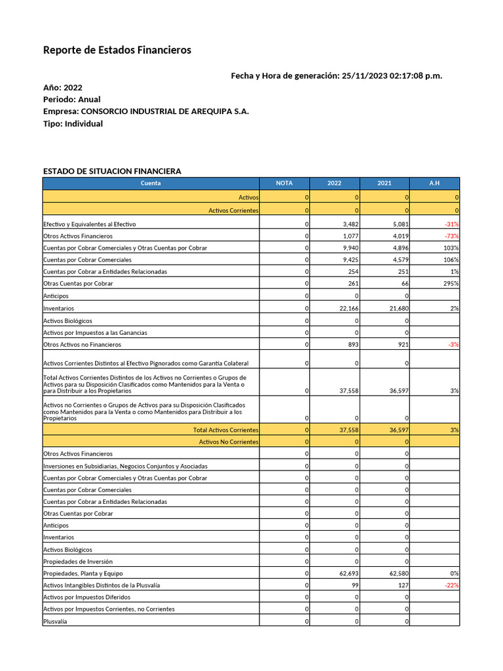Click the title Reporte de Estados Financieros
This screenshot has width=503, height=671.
point(117,50)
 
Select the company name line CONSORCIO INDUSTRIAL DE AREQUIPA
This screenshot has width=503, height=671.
point(145,111)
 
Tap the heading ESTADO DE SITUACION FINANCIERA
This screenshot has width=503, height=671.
point(112,171)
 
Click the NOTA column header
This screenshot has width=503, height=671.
point(284,183)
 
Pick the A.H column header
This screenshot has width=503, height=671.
point(434,183)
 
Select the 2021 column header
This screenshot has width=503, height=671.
point(384,183)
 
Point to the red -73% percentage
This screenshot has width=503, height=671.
point(451,236)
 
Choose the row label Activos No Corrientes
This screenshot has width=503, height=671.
point(229,442)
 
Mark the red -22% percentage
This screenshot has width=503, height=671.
point(451,585)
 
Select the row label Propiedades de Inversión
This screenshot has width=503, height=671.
point(78,562)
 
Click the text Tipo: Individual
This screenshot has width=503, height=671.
point(73,124)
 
